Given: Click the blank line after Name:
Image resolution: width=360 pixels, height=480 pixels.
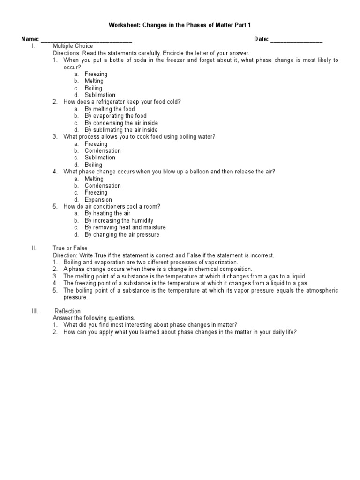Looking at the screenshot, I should (87, 40).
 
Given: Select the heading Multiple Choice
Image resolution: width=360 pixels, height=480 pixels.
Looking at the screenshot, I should (73, 46).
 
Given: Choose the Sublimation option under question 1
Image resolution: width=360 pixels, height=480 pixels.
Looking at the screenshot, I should (100, 95).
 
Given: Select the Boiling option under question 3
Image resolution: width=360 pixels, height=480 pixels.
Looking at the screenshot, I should (93, 165).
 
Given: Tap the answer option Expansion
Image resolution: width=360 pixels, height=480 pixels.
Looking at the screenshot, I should (98, 200).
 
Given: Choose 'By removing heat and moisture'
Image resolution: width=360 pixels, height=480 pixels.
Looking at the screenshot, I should (125, 227).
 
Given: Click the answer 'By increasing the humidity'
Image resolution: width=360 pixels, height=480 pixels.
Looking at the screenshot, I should (119, 220).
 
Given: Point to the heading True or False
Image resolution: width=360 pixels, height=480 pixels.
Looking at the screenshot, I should (70, 248).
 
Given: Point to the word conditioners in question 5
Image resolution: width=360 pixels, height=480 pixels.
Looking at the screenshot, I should (111, 207).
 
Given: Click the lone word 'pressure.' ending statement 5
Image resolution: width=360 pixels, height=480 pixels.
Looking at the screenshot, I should (75, 297).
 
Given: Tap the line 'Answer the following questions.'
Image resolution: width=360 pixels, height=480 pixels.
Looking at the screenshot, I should (94, 318).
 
